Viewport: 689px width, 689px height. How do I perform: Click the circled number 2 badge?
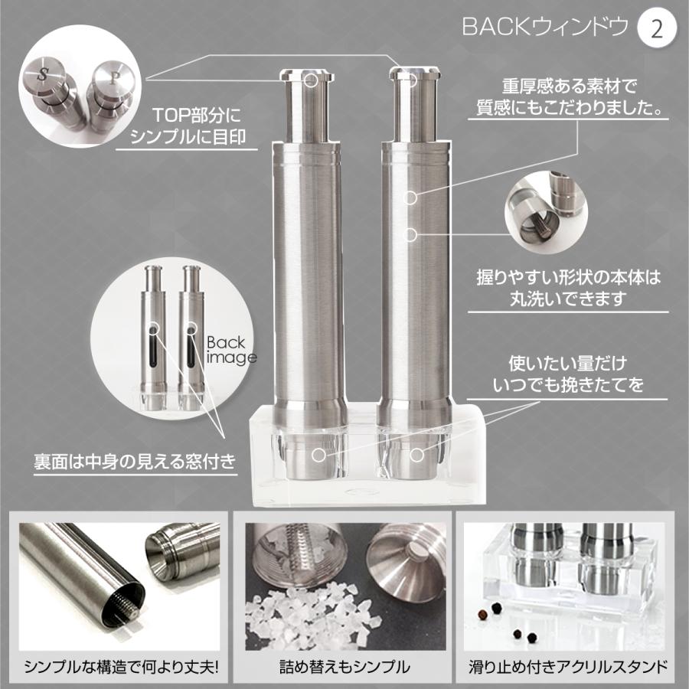[656, 29]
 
